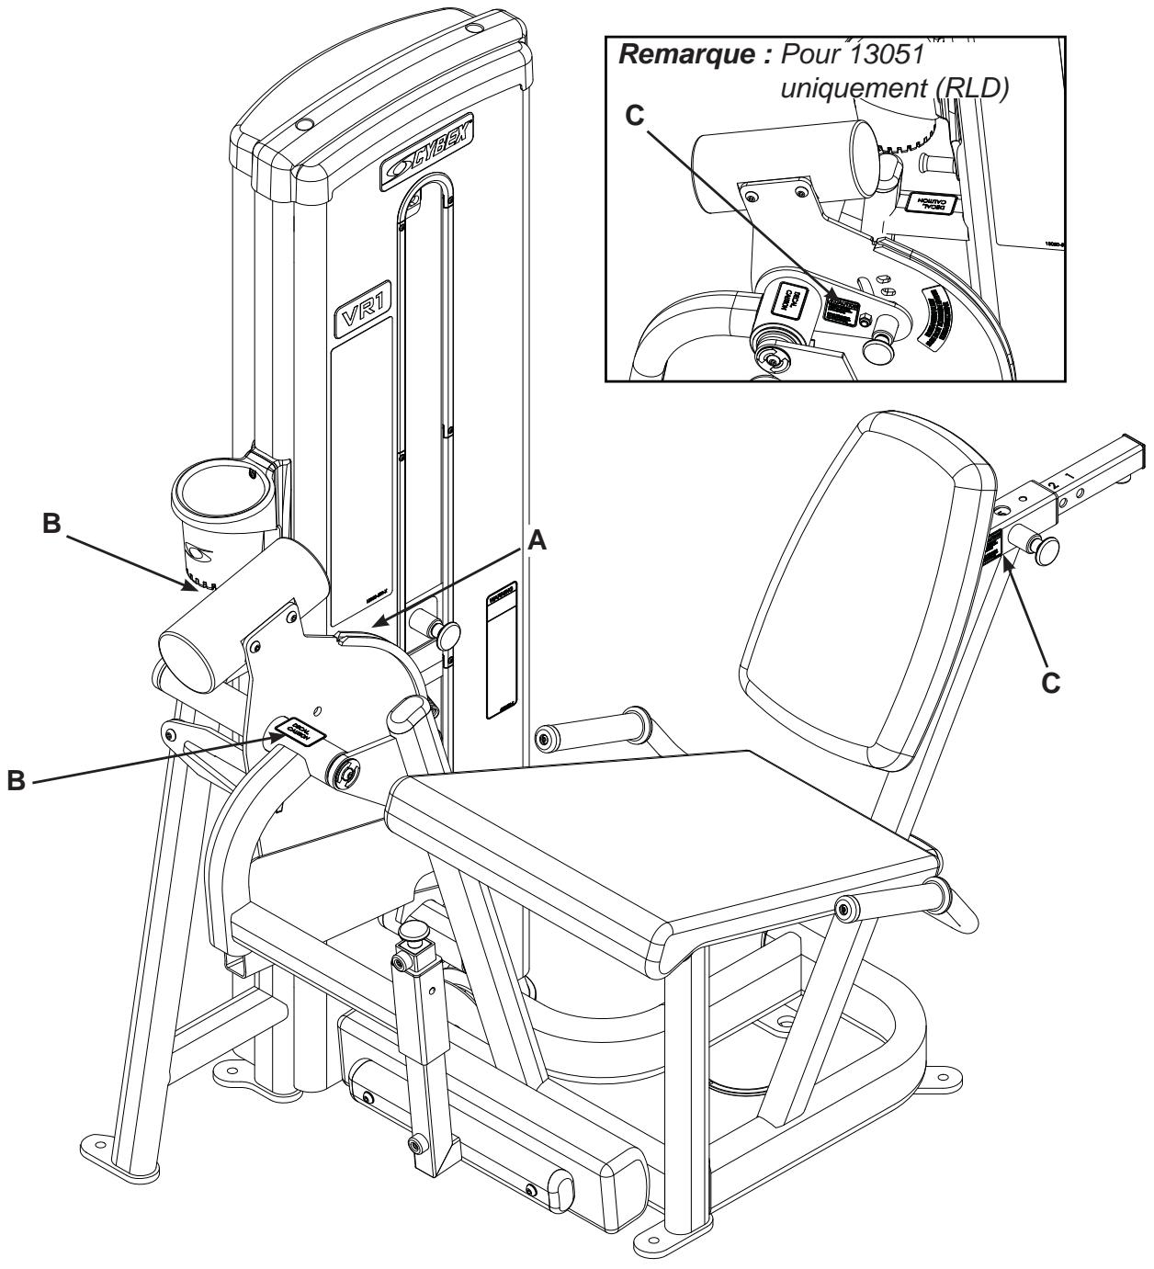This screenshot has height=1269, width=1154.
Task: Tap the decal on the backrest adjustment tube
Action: pyautogui.click(x=993, y=550)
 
